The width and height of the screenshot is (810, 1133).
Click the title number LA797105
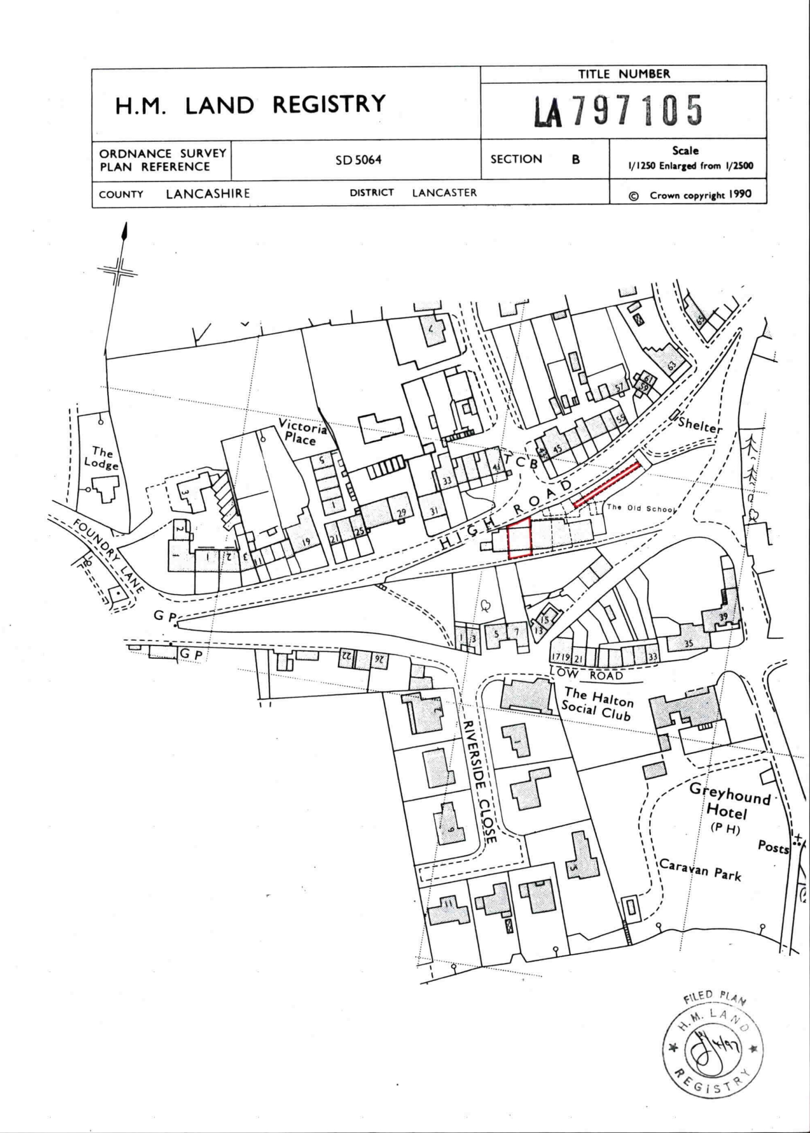pyautogui.click(x=618, y=111)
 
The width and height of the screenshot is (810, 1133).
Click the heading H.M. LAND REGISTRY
pyautogui.click(x=250, y=104)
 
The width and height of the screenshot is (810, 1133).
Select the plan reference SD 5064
pyautogui.click(x=358, y=160)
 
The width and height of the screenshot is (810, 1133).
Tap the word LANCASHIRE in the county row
pyautogui.click(x=207, y=194)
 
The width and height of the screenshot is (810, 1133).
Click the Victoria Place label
pyautogui.click(x=301, y=431)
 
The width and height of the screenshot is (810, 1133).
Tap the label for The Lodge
pyautogui.click(x=101, y=458)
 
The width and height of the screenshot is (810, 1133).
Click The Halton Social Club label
pyautogui.click(x=598, y=704)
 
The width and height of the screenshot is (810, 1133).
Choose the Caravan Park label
pyautogui.click(x=700, y=869)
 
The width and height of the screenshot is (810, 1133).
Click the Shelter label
pyautogui.click(x=700, y=425)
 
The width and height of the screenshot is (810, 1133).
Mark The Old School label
pyautogui.click(x=640, y=508)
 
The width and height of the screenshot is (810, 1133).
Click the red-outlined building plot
pyautogui.click(x=519, y=538)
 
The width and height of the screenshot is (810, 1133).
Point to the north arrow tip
pyautogui.click(x=125, y=227)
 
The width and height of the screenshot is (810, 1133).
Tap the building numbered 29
pyautogui.click(x=401, y=512)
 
